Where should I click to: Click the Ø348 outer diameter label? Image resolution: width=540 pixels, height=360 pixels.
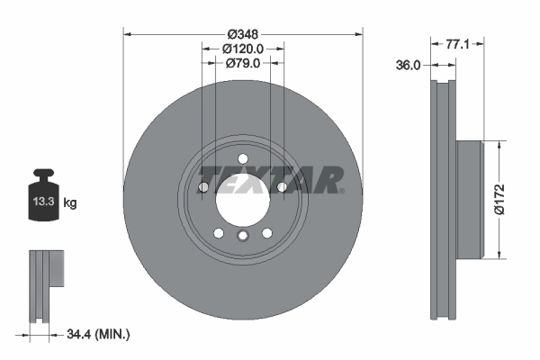[243, 34]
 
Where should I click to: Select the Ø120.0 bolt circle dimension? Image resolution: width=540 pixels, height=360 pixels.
[243, 49]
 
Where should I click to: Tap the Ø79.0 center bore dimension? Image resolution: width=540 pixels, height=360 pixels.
[243, 63]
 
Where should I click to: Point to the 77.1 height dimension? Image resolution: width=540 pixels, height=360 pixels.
[457, 44]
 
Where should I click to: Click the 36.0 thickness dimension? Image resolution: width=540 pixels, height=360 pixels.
[408, 65]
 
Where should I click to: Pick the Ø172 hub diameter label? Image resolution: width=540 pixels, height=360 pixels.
[499, 200]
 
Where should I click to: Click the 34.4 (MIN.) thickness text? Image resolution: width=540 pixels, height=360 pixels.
[98, 334]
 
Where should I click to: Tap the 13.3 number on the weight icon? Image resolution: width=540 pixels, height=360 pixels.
[44, 202]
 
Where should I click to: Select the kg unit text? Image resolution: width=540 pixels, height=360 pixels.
[70, 202]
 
